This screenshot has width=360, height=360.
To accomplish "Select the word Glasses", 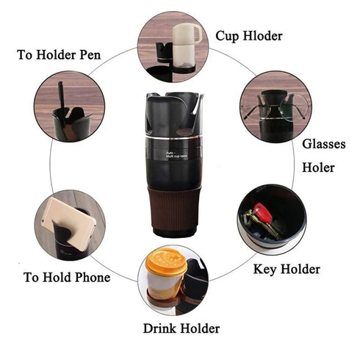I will (x=324, y=144).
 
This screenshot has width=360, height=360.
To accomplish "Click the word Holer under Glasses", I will (x=318, y=168).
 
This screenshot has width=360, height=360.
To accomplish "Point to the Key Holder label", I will (x=287, y=270).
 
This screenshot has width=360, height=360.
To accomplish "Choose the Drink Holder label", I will (x=180, y=328).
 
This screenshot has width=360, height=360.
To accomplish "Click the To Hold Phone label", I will (x=67, y=277).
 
